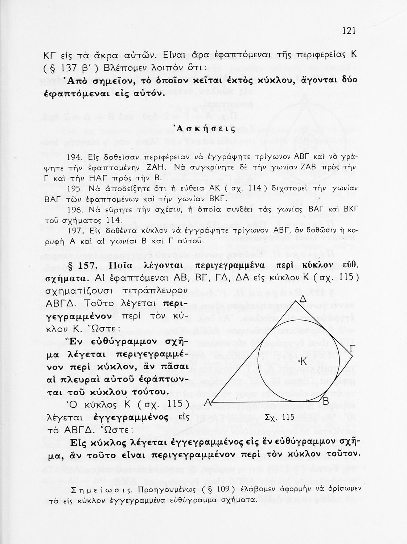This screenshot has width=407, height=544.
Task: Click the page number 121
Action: [349, 31]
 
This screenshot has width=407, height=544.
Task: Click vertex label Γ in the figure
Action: [352, 349]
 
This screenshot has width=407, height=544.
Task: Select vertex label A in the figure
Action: [208, 402]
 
